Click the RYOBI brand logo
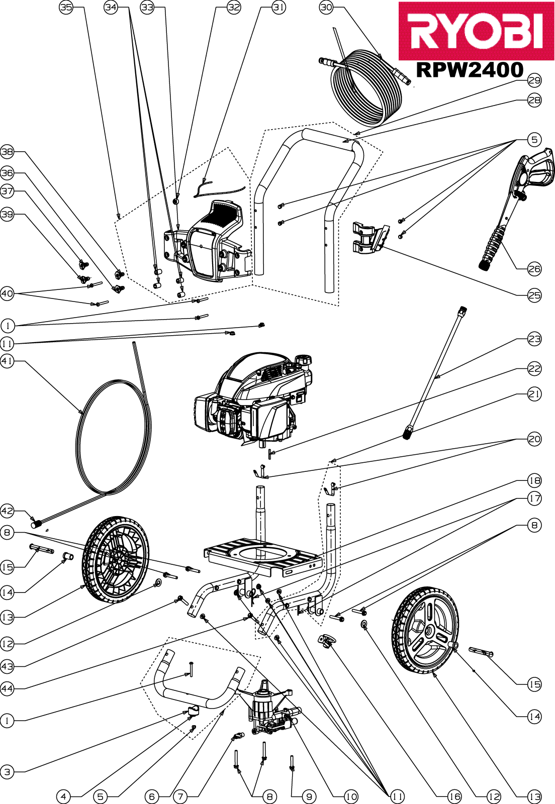(x=477, y=31)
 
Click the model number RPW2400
(x=470, y=70)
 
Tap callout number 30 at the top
(x=326, y=8)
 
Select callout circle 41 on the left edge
(x=7, y=361)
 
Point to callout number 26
(x=534, y=268)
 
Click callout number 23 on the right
(x=534, y=339)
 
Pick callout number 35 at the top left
(x=66, y=8)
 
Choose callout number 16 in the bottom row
(x=455, y=797)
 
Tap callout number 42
(x=7, y=511)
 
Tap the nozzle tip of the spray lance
(x=406, y=432)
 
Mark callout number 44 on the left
(x=7, y=688)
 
